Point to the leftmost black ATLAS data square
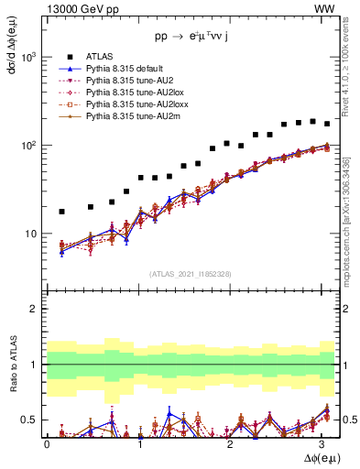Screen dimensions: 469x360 (61, 212)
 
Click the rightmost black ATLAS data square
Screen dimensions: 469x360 (327, 124)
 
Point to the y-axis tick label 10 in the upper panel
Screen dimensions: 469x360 (31, 234)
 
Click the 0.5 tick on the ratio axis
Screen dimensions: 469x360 (29, 420)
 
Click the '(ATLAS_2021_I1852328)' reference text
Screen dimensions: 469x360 (190, 274)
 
